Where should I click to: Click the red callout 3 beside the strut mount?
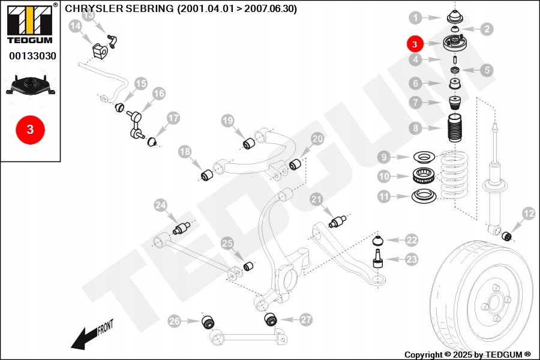click(415, 44)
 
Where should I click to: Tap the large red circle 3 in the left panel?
click(30, 129)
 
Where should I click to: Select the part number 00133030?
click(32, 56)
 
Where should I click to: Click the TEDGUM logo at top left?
click(29, 23)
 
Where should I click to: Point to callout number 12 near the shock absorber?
click(529, 213)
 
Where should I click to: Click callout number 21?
click(316, 199)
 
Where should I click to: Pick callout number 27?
click(306, 320)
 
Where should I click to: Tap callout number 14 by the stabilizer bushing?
click(76, 26)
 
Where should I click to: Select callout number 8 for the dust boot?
click(415, 128)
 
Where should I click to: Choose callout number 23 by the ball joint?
click(411, 259)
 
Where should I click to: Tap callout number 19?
click(227, 121)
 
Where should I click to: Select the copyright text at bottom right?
click(467, 355)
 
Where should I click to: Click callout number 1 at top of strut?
click(416, 17)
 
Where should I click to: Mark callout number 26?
click(174, 321)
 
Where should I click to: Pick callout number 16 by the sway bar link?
click(158, 94)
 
